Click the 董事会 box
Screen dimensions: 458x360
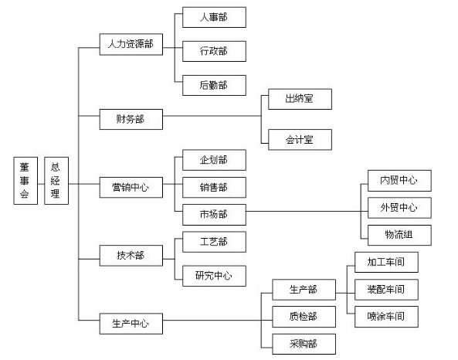tap(25, 181)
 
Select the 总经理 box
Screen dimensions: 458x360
tap(56, 181)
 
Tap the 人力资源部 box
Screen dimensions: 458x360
tap(131, 44)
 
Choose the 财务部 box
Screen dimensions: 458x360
tap(131, 119)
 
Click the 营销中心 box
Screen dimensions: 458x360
tap(131, 187)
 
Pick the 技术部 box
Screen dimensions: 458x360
tap(131, 256)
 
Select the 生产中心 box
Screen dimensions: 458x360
tap(131, 324)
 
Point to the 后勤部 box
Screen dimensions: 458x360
tap(214, 85)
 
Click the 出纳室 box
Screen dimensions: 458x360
tap(300, 99)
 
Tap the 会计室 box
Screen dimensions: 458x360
tap(300, 140)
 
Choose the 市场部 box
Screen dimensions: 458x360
tap(214, 215)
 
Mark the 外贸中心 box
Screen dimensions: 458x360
tap(399, 208)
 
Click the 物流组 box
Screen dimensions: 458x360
tap(399, 235)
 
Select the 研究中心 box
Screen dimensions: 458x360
tap(214, 276)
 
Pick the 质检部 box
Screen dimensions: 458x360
tap(304, 317)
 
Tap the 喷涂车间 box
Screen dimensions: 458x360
tap(386, 317)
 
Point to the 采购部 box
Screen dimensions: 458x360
tap(304, 344)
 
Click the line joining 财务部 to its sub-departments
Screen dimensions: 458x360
tap(212, 116)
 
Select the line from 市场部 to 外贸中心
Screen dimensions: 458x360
tap(307, 211)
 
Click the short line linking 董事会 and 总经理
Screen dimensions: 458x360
tap(41, 184)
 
